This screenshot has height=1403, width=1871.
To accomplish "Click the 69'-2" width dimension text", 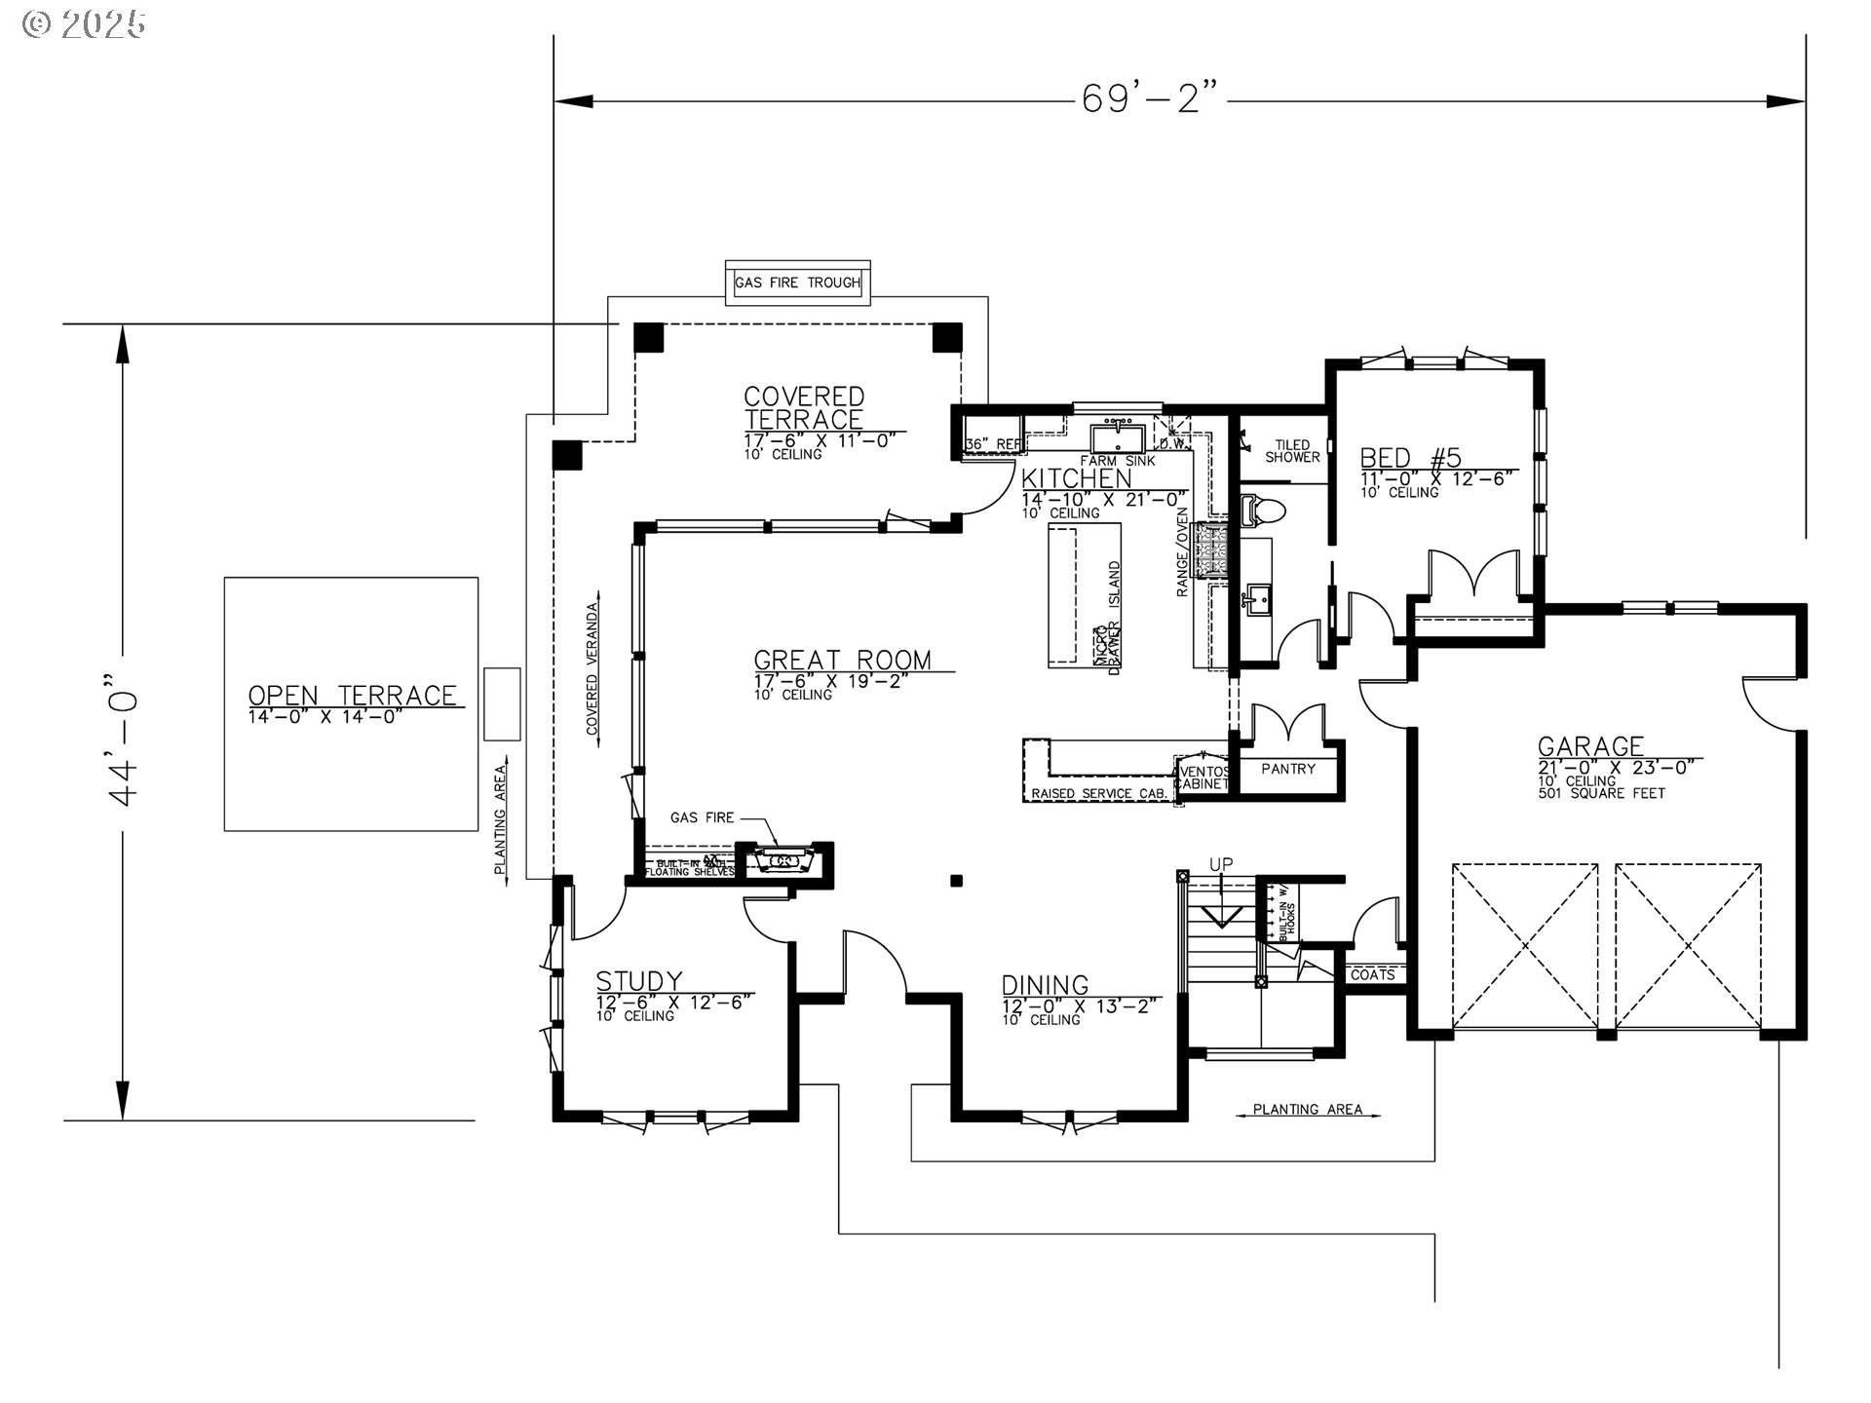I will click(x=1150, y=98).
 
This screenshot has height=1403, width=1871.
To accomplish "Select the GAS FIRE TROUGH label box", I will click(x=797, y=283).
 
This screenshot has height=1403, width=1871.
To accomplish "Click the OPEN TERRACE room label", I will click(x=352, y=696).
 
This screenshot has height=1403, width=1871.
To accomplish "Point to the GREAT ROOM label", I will click(x=842, y=660).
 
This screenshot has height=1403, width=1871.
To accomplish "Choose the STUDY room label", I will click(x=638, y=980).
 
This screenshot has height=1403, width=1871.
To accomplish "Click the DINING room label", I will click(x=1045, y=985).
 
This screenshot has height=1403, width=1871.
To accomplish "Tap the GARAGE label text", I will click(x=1590, y=746).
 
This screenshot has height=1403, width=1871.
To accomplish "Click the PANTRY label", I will click(x=1287, y=769).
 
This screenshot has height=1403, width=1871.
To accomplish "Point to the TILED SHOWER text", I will click(x=1292, y=451).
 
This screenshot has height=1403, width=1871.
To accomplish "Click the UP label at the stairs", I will click(x=1220, y=864).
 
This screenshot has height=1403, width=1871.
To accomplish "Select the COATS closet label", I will click(x=1372, y=974).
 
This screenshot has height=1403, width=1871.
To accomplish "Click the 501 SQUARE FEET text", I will click(x=1601, y=793).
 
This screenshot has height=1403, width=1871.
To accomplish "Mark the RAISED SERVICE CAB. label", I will click(x=1098, y=794).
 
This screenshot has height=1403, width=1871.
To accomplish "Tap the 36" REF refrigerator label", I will click(x=992, y=444).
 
